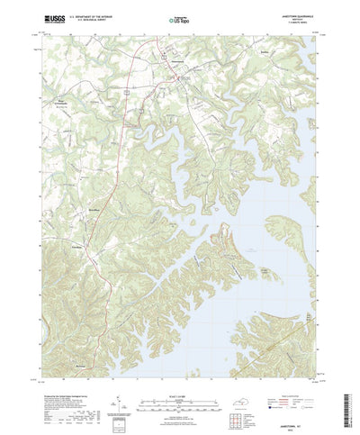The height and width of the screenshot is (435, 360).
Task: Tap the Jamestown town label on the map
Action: [x=170, y=60]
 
